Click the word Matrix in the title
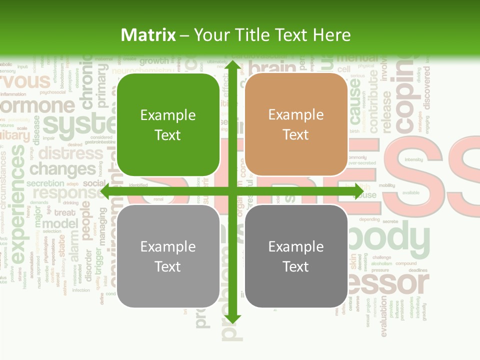148,35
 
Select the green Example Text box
168,125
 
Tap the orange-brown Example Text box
296,125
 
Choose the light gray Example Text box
168,256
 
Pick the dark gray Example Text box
296,256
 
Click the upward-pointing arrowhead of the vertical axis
232,65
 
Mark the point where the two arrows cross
232,191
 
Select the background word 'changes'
62,169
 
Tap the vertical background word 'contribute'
373,100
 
